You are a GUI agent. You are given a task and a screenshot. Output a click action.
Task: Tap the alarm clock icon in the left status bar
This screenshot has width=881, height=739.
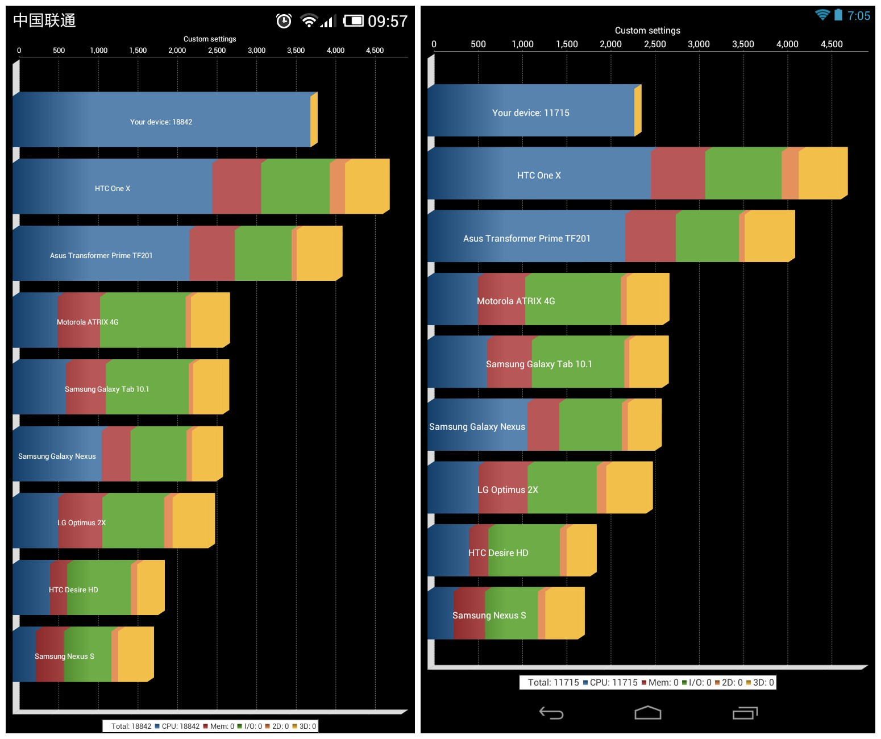[284, 21]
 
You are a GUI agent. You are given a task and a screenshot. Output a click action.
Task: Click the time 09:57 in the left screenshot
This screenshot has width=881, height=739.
[388, 22]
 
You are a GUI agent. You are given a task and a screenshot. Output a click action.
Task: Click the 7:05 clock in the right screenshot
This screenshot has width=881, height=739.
[858, 16]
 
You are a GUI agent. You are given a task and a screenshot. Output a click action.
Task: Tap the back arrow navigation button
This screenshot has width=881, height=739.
[551, 713]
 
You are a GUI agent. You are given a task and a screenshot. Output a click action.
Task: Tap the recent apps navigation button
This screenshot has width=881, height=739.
[745, 713]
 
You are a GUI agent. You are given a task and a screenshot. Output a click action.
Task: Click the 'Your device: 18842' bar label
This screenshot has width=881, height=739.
[161, 122]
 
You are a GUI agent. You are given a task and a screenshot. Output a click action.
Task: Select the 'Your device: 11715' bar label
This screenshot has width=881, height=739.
[530, 113]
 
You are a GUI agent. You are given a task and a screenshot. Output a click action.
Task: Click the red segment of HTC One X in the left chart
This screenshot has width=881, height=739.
[236, 187]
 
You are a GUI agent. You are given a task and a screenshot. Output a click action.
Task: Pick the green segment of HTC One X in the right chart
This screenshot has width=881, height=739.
[743, 174]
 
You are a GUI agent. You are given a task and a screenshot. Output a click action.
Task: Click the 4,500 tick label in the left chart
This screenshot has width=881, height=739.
[375, 51]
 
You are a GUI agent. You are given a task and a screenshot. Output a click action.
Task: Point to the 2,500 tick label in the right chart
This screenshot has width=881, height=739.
[655, 44]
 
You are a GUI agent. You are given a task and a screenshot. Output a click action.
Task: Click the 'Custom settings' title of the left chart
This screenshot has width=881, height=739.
[210, 39]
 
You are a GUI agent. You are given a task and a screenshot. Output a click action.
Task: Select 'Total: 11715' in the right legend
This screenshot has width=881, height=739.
[553, 683]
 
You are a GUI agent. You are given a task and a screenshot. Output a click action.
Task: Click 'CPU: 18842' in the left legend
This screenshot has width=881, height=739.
[180, 726]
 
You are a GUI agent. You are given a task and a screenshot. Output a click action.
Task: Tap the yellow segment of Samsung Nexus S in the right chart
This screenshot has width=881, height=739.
[564, 614]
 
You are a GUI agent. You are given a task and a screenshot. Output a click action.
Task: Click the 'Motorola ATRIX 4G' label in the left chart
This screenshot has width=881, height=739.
[88, 322]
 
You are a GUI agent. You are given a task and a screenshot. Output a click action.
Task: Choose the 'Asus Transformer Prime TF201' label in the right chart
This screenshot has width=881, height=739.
[526, 239]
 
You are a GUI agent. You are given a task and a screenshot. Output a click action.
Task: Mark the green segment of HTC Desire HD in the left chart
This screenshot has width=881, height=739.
[99, 588]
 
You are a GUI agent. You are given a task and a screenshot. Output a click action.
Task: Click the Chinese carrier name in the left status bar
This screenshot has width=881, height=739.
[44, 21]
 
